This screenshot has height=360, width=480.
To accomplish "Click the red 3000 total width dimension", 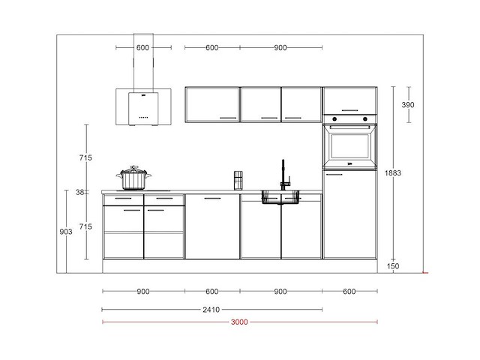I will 239,322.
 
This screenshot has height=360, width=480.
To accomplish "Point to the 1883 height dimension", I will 403,172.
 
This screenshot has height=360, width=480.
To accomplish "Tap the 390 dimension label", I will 407,104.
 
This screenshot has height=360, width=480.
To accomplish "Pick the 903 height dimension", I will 65,232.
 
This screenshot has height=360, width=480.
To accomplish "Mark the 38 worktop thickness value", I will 80,192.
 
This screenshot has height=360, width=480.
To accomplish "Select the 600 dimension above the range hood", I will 142,48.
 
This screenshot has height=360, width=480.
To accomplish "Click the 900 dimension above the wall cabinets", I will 280,48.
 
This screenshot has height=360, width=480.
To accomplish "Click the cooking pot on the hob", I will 134,178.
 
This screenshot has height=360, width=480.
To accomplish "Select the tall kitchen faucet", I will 283,174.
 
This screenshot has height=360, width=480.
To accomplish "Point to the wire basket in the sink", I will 280,197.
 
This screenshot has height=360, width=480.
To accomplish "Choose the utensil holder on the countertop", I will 238,181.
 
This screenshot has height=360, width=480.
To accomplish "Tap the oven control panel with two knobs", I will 349,118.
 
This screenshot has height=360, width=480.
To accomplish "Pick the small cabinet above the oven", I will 349,100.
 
